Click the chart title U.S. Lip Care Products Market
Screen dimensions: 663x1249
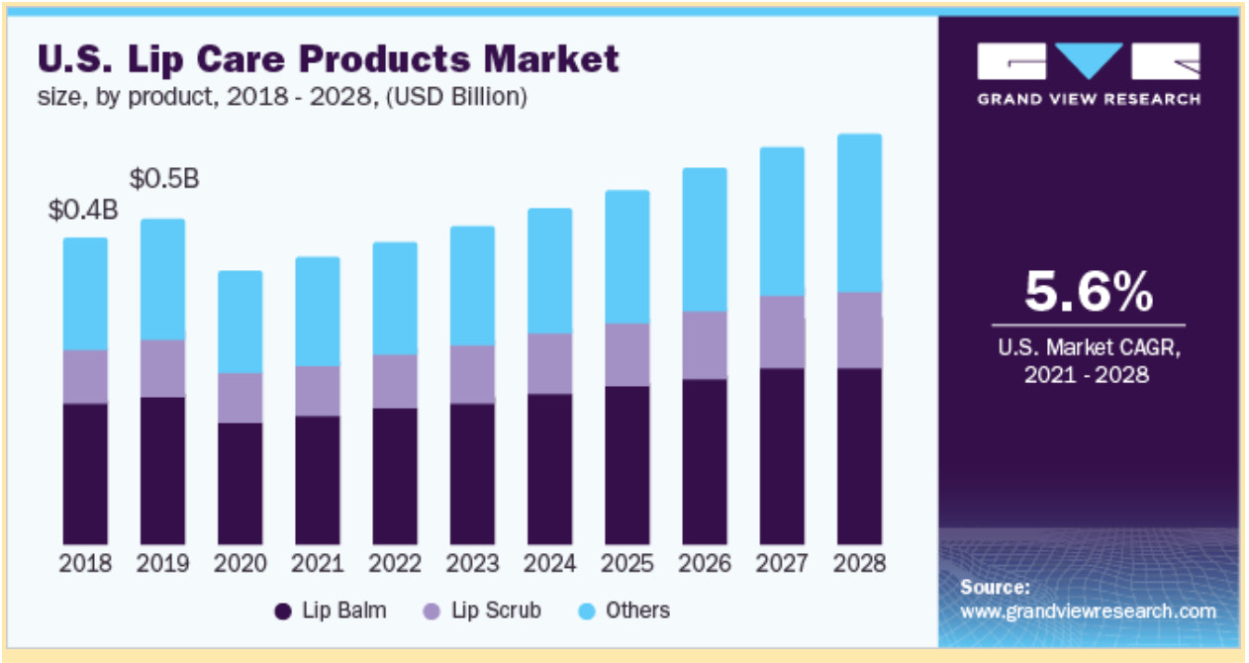click(328, 58)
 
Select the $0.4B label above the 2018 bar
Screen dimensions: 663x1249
click(84, 211)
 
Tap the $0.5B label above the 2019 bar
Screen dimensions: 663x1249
click(164, 179)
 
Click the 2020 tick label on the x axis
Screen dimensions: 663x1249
click(240, 564)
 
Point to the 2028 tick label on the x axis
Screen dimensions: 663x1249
click(859, 564)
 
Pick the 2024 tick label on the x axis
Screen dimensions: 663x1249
click(549, 564)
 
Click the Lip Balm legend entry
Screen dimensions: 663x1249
click(331, 611)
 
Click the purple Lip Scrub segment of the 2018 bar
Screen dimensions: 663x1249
click(85, 376)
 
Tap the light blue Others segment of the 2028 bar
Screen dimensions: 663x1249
click(859, 213)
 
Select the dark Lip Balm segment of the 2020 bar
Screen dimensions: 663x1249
click(240, 483)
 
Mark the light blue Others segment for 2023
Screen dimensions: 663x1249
click(472, 285)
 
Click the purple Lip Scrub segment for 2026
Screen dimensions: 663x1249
click(704, 344)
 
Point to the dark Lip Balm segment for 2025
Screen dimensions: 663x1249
click(626, 465)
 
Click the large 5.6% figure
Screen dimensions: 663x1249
click(1088, 292)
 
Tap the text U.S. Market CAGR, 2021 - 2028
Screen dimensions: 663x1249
click(1088, 362)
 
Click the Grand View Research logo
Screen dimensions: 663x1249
click(1088, 73)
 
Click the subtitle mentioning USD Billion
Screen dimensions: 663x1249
click(282, 97)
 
